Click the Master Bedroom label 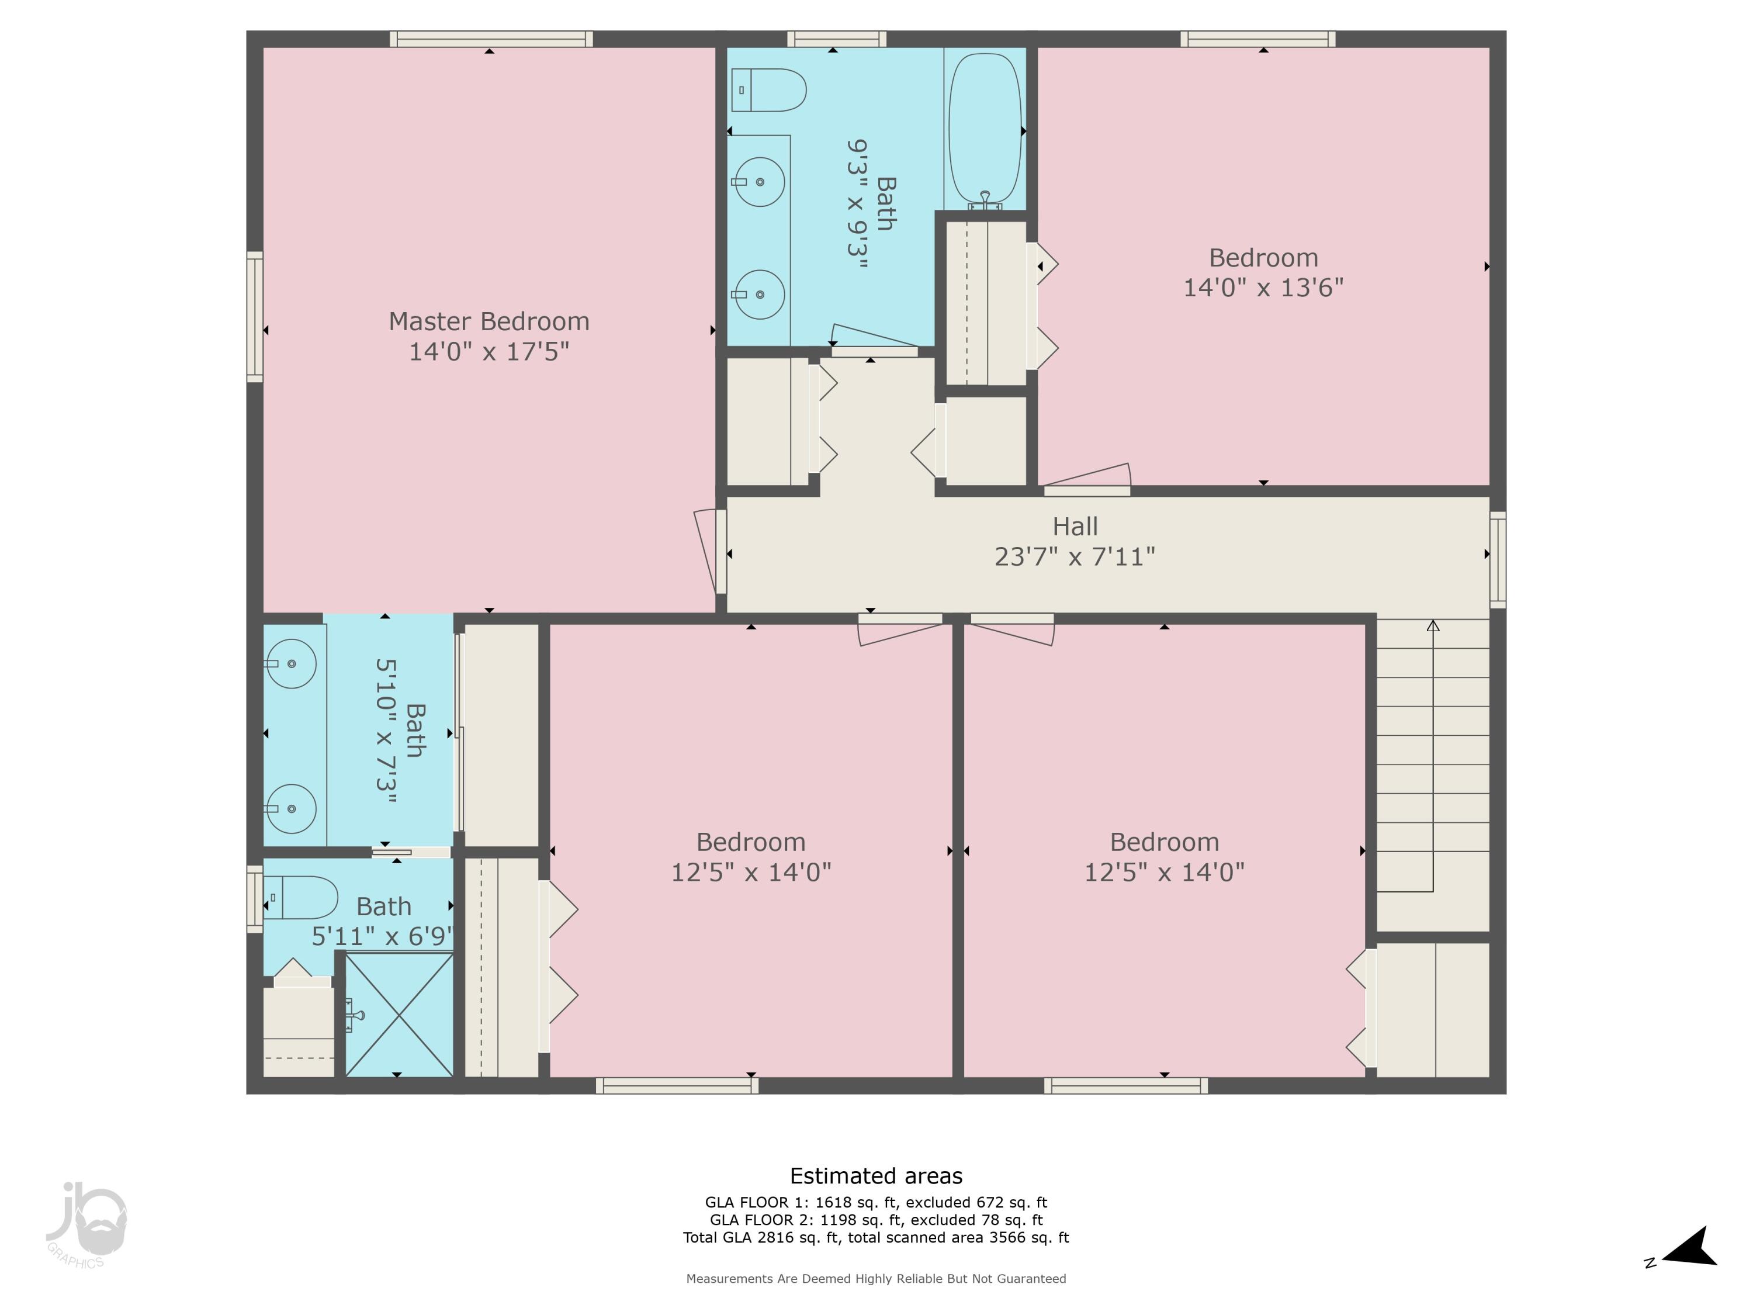[489, 321]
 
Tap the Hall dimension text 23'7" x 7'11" [1075, 556]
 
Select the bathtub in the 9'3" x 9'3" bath [985, 127]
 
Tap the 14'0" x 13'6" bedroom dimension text [1263, 287]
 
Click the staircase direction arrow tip [1433, 626]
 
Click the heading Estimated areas [876, 1175]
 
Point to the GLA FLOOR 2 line [876, 1220]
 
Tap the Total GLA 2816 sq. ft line [876, 1237]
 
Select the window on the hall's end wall [1497, 560]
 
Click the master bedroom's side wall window [254, 317]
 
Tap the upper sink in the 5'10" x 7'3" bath [291, 663]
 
